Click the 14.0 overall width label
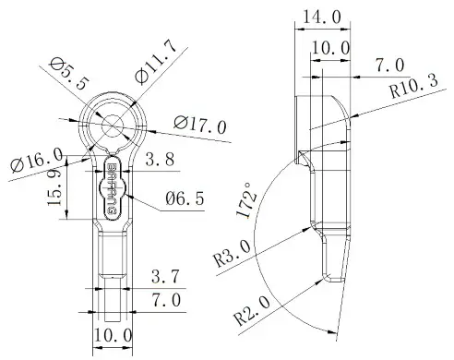pyautogui.click(x=321, y=17)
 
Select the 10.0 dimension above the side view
pyautogui.click(x=331, y=47)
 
